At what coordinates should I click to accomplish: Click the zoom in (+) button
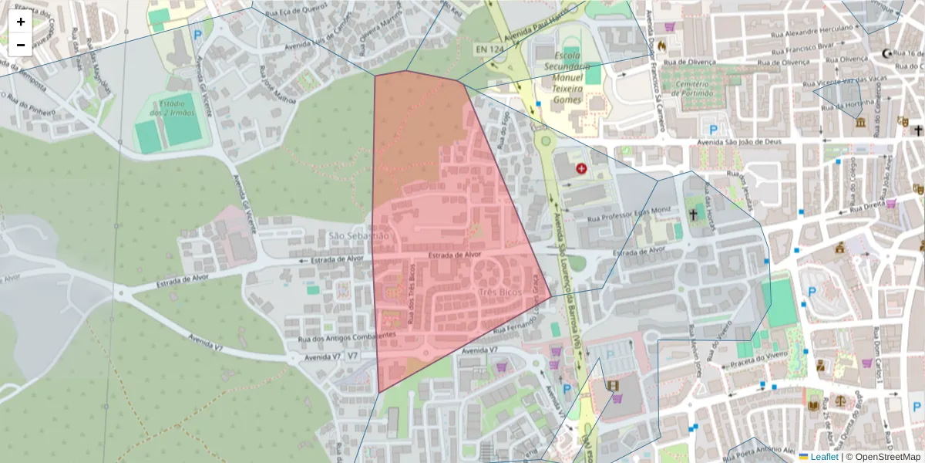[21, 22]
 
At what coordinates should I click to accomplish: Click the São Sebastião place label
[359, 235]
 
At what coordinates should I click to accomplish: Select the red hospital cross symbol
[581, 167]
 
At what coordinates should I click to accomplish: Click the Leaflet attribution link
[824, 457]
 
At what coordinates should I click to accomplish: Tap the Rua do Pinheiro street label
[32, 104]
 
